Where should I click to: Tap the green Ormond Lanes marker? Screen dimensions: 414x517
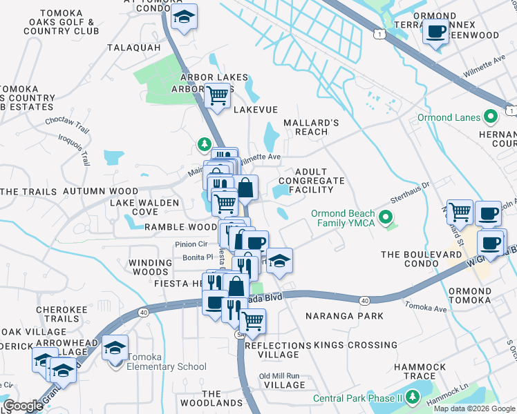[x=491, y=117]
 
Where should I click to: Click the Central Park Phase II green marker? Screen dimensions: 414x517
[x=413, y=397]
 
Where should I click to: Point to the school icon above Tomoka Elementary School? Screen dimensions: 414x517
[x=115, y=348]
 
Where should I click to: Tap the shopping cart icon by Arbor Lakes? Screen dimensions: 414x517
[x=217, y=95]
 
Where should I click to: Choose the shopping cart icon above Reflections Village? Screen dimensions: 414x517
[x=252, y=320]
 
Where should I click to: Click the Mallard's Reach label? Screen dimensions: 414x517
[x=310, y=127]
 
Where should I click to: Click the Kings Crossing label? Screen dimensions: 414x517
[x=355, y=345]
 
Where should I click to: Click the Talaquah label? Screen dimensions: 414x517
[x=134, y=48]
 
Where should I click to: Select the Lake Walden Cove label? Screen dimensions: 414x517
[x=144, y=207]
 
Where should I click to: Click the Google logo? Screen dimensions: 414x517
[x=23, y=406]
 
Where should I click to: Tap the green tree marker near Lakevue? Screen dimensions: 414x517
[x=205, y=144]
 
